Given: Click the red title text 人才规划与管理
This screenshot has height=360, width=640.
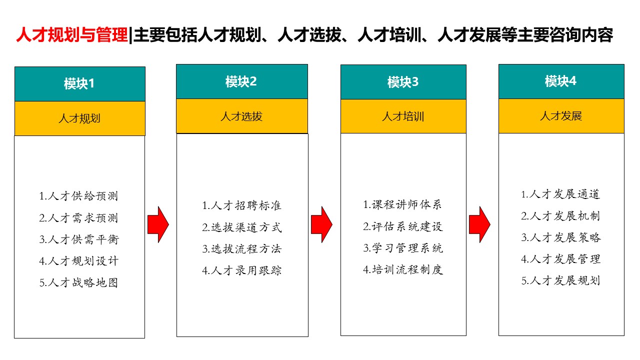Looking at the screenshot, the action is point(72,35).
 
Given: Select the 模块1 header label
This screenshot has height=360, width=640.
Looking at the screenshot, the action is point(79,83).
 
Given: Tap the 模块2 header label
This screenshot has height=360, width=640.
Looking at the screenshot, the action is point(241,81).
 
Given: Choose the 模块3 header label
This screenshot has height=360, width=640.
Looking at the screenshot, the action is point(403,82).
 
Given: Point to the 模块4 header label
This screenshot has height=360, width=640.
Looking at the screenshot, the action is point(560,81).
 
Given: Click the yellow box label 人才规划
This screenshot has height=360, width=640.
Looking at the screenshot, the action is point(79,118).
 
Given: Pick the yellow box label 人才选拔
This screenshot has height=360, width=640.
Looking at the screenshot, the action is point(241,116).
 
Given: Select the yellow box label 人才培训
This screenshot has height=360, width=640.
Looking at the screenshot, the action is point(403,116).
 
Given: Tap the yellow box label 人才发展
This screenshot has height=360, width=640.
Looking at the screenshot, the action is point(561,116).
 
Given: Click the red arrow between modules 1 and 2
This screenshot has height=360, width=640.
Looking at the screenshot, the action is point(158,224).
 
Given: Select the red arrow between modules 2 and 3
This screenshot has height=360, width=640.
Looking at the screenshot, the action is point(321,224).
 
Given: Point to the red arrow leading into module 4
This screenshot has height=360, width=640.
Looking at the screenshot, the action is point(479,224).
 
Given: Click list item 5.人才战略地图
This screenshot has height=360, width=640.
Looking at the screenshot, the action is point(79,282).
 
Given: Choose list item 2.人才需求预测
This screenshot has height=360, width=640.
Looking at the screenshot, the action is point(78,217).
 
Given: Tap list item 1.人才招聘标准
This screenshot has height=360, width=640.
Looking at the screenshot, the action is point(241,205).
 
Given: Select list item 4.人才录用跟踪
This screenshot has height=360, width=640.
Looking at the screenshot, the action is point(241,270).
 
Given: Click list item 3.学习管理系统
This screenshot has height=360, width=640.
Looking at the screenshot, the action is point(403,248).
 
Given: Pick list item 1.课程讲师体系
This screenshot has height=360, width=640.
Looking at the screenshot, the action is point(402,204).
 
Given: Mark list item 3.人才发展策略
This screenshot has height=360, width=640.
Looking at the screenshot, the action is point(561,237).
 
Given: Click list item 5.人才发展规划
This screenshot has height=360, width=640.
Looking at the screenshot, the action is point(560,280).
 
